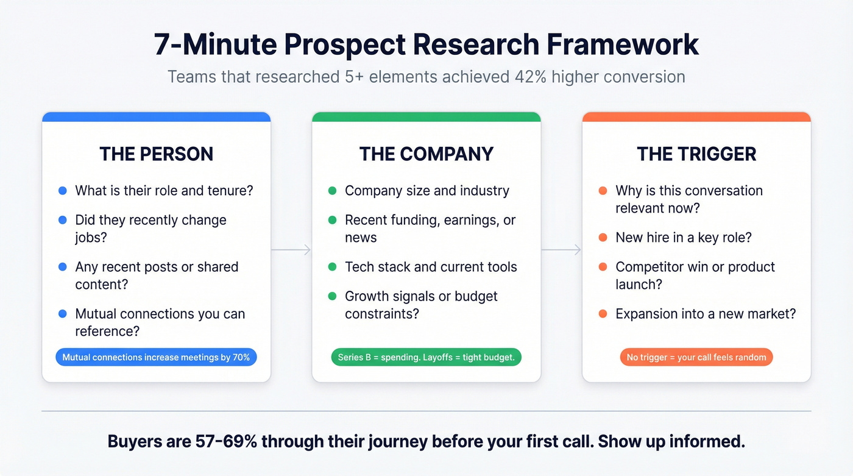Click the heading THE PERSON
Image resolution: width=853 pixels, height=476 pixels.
[x=156, y=154]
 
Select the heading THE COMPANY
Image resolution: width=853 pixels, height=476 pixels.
[x=426, y=154]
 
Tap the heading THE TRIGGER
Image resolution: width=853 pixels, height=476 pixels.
[x=696, y=154]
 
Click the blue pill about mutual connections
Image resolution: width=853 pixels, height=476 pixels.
[x=156, y=357]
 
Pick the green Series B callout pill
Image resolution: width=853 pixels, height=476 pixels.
[x=426, y=357]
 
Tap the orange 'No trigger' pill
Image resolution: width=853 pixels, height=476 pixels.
[x=696, y=357]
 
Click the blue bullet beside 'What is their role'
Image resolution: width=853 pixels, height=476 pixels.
[x=62, y=191]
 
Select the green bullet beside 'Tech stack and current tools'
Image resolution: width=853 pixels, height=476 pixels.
[x=332, y=267]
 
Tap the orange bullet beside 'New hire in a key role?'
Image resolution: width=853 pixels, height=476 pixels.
[x=603, y=238]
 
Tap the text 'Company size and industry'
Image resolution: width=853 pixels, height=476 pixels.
[x=426, y=191]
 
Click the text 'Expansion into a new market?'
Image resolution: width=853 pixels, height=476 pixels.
[x=706, y=314]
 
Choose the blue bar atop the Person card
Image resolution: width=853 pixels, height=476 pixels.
[x=156, y=116]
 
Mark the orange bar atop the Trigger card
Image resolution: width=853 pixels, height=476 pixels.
[x=696, y=116]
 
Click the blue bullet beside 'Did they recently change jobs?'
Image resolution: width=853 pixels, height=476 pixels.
[x=62, y=220]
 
